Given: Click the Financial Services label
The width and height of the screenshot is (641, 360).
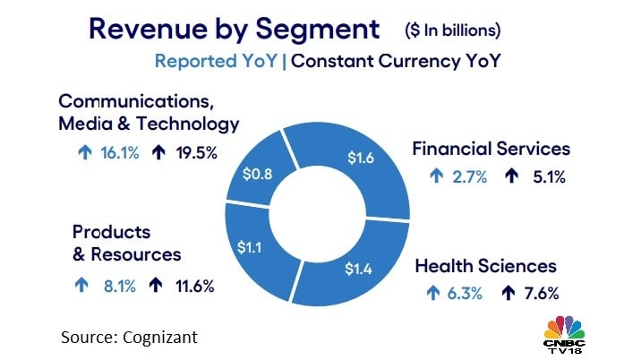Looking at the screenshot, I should point(491,149).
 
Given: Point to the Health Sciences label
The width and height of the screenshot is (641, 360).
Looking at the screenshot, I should point(486,266).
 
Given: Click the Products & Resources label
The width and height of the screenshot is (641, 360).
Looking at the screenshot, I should point(126,243).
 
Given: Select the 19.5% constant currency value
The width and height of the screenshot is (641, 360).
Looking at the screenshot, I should point(195,152).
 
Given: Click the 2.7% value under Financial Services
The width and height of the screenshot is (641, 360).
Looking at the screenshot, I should point(469,176).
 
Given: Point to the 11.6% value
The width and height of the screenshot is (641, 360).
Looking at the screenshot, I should point(192,287).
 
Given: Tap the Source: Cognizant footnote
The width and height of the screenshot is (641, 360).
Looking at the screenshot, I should point(129,338).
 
